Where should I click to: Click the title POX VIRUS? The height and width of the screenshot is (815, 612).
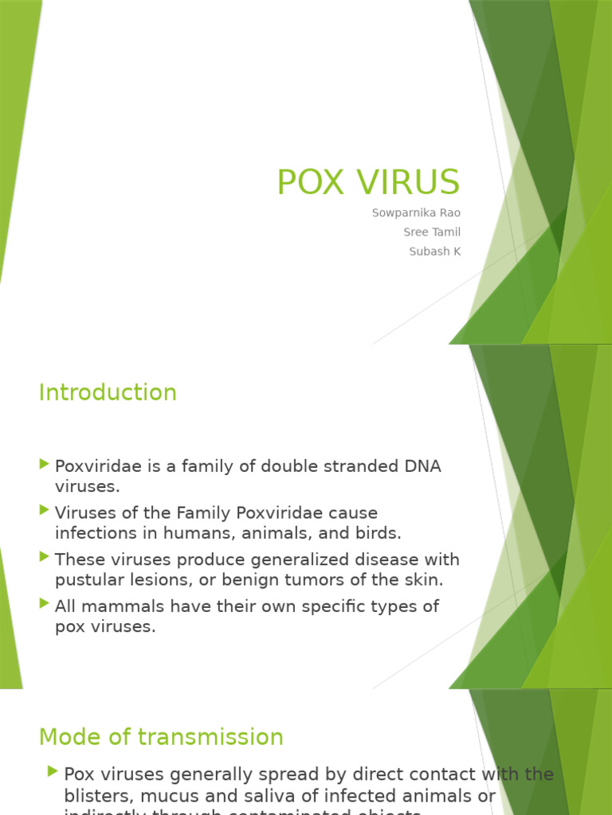[368, 182]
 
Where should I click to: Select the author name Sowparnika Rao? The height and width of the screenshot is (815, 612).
[416, 213]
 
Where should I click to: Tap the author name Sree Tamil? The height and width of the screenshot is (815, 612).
[432, 232]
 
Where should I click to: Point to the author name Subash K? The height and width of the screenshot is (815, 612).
[434, 252]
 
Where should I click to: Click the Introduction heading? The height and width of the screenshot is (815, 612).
[108, 392]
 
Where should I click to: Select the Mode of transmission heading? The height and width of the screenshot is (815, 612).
[161, 737]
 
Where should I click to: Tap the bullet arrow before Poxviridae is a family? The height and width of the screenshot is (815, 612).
[44, 464]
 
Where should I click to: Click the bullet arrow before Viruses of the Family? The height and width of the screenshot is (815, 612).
[44, 510]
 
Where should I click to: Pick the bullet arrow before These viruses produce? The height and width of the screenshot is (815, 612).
[44, 557]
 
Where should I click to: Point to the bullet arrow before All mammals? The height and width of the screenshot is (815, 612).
[44, 603]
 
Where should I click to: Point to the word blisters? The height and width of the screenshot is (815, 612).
[96, 796]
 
